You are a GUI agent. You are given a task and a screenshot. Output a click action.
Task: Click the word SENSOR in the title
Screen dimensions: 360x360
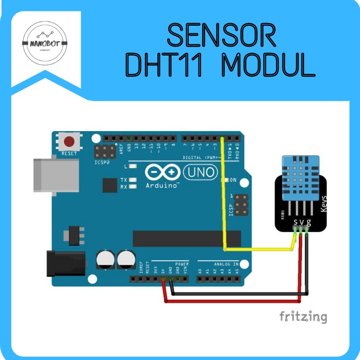[x=221, y=36]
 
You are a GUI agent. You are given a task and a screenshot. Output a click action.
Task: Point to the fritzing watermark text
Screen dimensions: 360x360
[x=303, y=316]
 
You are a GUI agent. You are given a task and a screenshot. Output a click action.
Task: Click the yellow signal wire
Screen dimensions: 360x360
[x=224, y=206]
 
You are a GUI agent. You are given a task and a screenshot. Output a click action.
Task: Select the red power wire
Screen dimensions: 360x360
[x=231, y=301]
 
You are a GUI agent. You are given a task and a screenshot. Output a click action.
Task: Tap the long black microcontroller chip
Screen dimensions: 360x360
[x=186, y=238]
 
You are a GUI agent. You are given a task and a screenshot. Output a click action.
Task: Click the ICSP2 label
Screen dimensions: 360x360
[x=102, y=161]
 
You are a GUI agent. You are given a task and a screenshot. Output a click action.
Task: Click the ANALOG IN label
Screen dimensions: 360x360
[x=226, y=264]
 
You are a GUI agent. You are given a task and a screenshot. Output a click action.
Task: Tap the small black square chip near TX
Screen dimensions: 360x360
[x=110, y=185]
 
